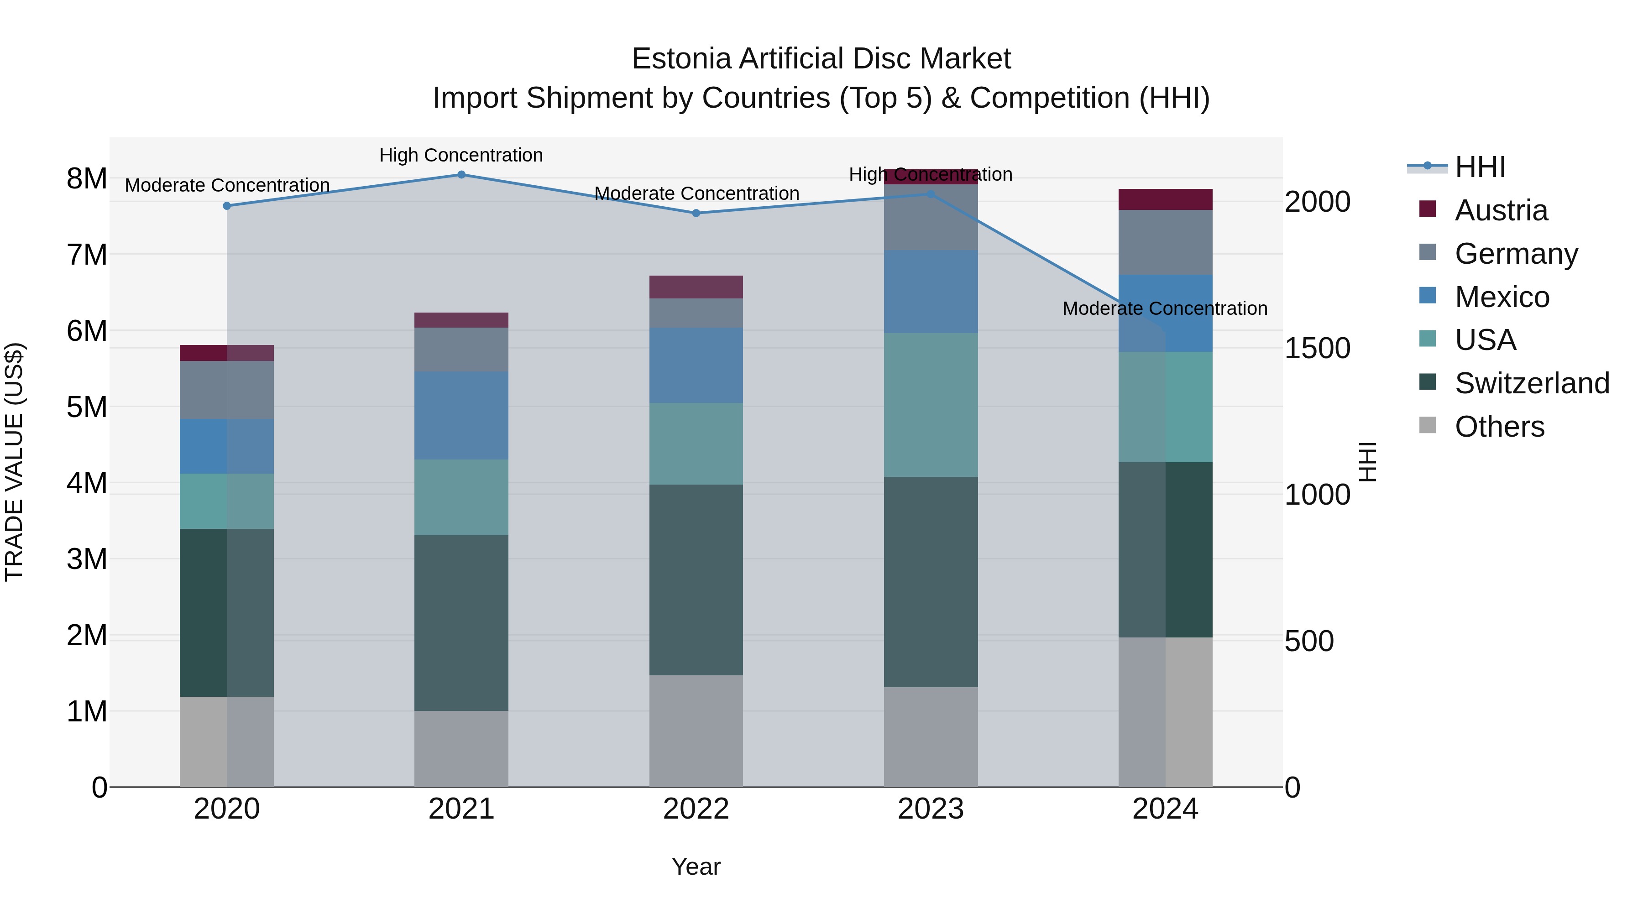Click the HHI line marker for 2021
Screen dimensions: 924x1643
tap(461, 175)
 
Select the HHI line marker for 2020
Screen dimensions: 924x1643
tap(227, 206)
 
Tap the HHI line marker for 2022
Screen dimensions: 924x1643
tap(696, 213)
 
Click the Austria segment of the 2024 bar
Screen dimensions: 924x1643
tap(1165, 199)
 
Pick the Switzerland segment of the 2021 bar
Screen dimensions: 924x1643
tap(461, 622)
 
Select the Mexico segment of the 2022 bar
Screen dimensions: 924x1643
tap(696, 365)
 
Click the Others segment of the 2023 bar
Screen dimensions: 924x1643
tap(931, 736)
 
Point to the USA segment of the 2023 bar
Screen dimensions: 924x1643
tap(931, 405)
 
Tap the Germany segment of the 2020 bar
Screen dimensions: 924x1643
tap(227, 390)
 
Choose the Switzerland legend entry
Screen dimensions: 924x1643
tap(1531, 383)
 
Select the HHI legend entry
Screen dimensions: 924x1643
tap(1479, 167)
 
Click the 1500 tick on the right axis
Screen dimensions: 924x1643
tap(1317, 348)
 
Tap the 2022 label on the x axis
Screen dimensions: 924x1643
tap(696, 809)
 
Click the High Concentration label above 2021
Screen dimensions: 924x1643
tap(461, 155)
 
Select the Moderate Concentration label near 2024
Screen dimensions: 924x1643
tap(1165, 308)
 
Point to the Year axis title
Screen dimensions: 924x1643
tap(696, 867)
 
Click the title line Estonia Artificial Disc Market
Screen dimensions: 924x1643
tap(821, 59)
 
